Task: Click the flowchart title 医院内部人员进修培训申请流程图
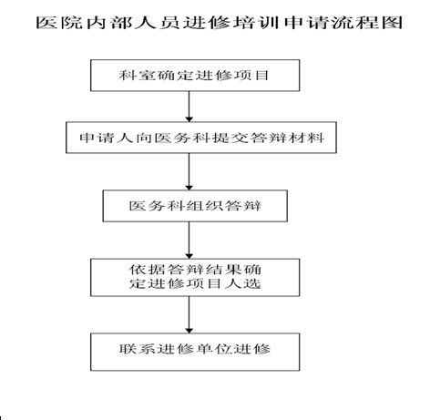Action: pos(220,22)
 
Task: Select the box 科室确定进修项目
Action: pos(195,76)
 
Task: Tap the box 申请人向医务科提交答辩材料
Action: pos(201,138)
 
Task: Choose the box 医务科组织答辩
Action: pos(195,206)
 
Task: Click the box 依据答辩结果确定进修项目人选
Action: pos(195,277)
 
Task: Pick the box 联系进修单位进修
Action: pos(195,352)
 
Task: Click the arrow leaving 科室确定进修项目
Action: pos(189,107)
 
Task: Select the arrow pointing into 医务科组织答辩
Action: pos(189,171)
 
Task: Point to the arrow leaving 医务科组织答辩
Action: pos(189,241)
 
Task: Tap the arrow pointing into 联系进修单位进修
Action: pos(189,314)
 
